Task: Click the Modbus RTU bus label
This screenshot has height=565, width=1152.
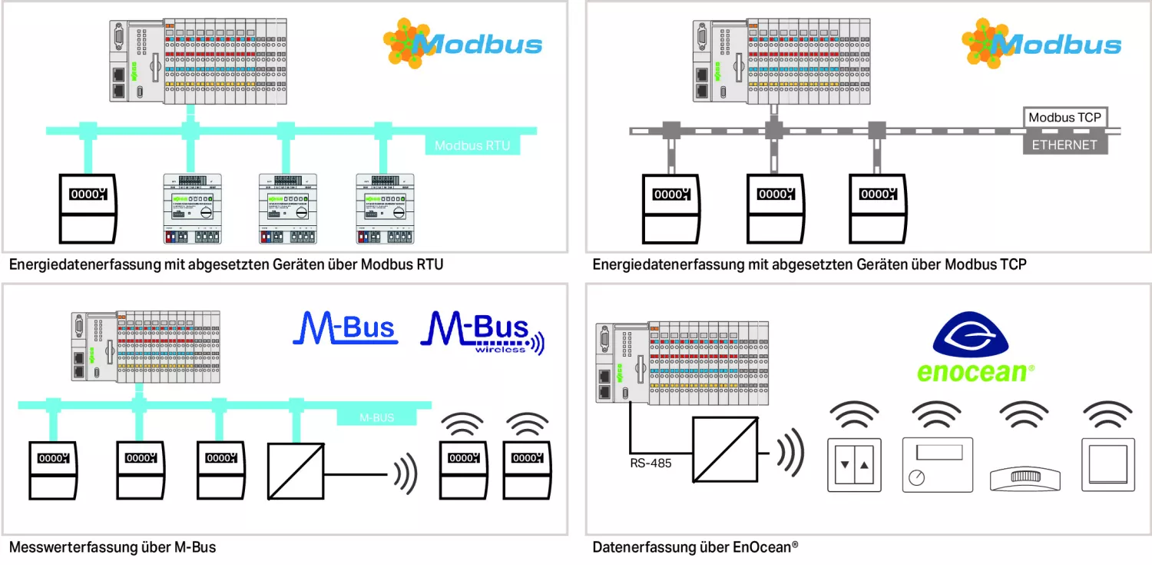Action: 472,145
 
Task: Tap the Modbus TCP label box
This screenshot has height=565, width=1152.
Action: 1064,118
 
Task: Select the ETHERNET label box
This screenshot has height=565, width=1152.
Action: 1064,145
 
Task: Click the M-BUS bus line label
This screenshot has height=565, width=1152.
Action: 376,417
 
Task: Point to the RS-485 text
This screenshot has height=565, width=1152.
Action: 651,463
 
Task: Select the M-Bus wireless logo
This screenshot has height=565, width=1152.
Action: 482,332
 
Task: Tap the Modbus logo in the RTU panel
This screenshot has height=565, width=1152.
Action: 463,44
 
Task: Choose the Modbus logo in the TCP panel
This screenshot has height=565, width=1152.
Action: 1041,44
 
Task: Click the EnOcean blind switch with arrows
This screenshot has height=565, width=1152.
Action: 855,464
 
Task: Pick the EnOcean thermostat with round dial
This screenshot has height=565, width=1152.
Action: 937,464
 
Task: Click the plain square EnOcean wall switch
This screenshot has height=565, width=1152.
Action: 1107,464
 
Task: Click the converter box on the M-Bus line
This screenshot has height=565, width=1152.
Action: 296,470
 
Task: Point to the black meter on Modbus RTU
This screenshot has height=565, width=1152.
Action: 88,208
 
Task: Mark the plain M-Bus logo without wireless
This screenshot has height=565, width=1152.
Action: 345,327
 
